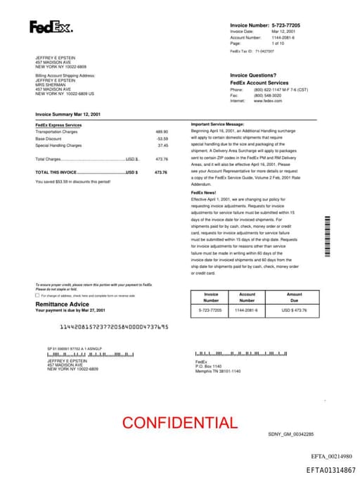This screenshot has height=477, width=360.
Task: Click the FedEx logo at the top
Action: pos(50,27)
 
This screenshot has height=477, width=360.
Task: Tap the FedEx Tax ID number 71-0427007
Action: pos(264,51)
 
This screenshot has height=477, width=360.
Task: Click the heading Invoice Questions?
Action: pos(253,75)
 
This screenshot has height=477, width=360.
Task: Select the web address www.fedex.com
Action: pos(267,101)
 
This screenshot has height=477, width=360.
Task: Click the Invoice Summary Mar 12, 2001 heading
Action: pos(68,113)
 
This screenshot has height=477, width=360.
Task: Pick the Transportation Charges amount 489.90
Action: pos(162,132)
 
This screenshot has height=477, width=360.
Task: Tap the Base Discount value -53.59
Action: pos(162,139)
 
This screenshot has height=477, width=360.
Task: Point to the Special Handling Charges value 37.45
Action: pos(162,146)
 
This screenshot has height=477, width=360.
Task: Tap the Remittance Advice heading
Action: pos(62,304)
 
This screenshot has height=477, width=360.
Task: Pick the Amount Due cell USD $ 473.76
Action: pos(294,310)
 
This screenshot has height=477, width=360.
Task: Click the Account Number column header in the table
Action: pos(247,298)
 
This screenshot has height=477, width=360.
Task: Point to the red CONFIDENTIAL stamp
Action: pos(179,423)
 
